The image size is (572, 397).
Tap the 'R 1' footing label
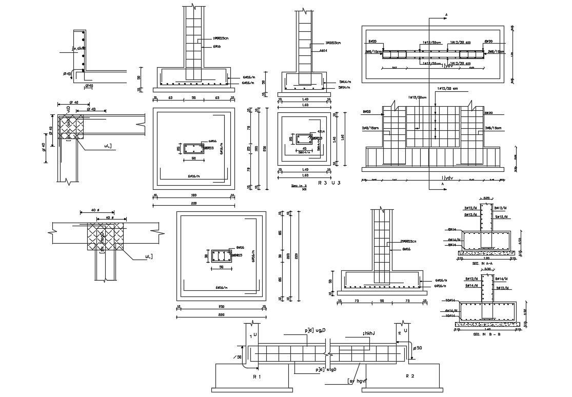[x=257, y=376]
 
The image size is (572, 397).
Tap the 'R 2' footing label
[x=409, y=376]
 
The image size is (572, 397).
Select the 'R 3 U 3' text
[x=329, y=183]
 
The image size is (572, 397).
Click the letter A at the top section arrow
[x=446, y=13]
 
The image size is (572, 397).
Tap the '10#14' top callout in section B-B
[x=451, y=300]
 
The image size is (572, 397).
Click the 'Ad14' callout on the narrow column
[x=323, y=51]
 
